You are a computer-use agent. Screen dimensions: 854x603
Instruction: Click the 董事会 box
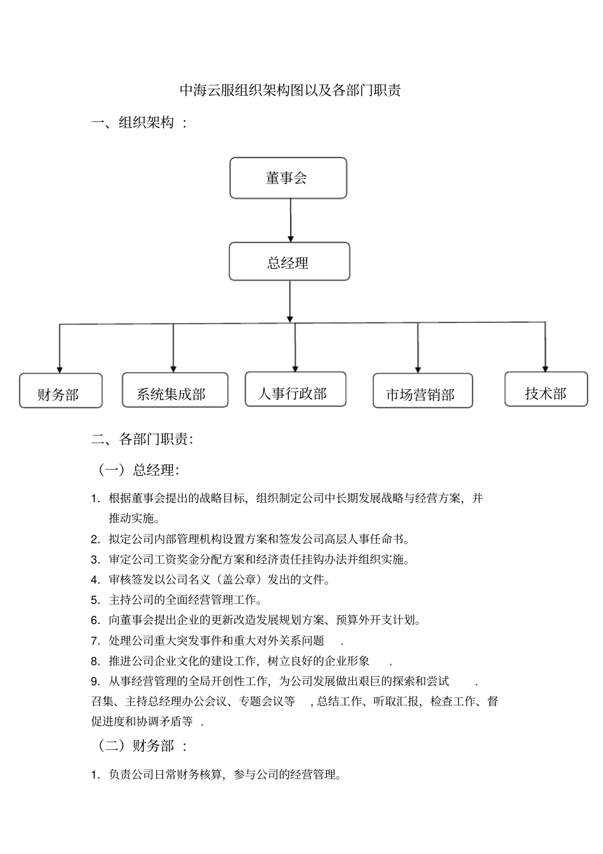coord(288,178)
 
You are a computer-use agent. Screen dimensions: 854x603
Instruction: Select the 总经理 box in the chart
coord(289,262)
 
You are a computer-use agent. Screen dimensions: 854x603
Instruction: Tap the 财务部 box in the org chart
coord(60,391)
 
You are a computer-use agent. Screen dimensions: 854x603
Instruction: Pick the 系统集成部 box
coord(175,390)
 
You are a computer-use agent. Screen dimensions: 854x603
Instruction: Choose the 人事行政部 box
coord(295,389)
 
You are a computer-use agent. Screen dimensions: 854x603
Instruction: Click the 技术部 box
coord(546,389)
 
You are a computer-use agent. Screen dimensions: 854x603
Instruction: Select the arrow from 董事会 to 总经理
coord(291,220)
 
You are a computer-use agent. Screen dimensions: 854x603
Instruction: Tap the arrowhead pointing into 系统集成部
coord(173,368)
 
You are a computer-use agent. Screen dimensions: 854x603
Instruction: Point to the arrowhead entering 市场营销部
coord(418,369)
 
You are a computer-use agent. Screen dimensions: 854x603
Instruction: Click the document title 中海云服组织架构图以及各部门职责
coord(290,90)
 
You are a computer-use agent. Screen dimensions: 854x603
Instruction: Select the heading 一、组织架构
coord(139,123)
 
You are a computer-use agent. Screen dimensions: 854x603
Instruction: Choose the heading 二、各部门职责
coord(142,439)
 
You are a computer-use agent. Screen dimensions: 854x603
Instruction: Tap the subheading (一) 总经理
coord(138,470)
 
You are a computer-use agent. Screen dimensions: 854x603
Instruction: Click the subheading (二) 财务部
coord(141,746)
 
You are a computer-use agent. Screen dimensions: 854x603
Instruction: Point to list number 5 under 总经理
coord(95,600)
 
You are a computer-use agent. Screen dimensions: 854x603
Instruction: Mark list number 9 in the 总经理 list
coord(95,681)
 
